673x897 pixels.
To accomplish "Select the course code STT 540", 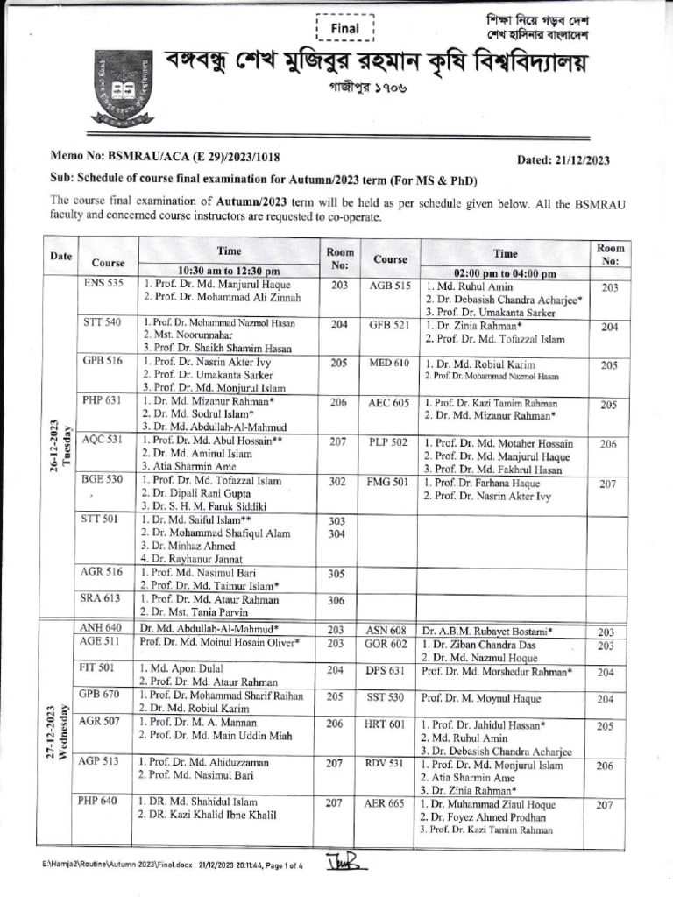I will [103, 323].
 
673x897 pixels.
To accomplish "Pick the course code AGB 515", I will [390, 286].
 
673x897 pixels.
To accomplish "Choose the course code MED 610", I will [390, 363].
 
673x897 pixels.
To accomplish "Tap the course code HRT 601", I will [385, 725].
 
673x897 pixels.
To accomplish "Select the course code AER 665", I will [385, 804].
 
